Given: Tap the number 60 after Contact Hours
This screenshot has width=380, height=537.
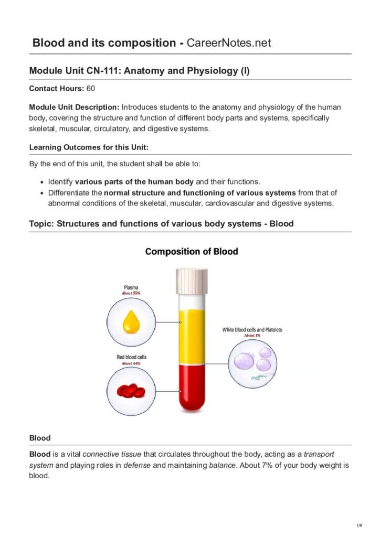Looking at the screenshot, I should coord(90,89).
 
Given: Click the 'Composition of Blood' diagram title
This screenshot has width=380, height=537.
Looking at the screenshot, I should coord(192,252).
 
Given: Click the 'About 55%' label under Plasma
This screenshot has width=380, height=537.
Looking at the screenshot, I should coord(131,293).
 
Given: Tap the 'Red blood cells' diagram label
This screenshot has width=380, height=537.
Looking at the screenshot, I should coord(131,357).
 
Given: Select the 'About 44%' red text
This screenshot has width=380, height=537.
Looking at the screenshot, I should coord(131,363).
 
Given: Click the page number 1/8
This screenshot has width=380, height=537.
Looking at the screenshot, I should coord(359,525).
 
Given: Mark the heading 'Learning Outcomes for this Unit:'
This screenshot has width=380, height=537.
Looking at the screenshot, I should coord(89,147).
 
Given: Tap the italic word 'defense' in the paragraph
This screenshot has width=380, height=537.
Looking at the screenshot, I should coord(136,465).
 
